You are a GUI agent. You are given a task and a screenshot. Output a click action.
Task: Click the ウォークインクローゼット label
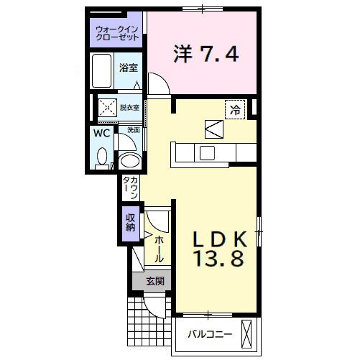click(117, 33)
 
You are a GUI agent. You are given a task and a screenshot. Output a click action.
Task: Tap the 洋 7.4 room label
click(206, 54)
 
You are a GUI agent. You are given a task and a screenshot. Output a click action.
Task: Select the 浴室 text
click(129, 68)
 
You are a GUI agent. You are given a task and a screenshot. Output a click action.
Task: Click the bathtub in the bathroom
click(102, 71)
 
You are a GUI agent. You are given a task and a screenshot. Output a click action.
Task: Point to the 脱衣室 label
click(129, 108)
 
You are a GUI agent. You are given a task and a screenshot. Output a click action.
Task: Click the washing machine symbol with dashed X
click(108, 108)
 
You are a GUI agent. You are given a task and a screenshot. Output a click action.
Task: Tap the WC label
click(102, 133)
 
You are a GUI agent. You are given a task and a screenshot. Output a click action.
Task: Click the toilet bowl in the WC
click(102, 157)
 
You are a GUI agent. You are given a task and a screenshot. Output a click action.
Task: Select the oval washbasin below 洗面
click(130, 160)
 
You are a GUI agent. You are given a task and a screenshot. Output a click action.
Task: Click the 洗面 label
click(134, 130)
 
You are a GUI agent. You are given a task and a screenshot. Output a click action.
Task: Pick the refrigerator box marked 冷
click(235, 109)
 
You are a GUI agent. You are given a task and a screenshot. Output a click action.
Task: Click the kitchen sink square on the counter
click(207, 153)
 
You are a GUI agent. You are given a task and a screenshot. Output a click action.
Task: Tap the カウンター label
click(131, 188)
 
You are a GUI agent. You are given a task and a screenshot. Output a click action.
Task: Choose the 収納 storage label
click(131, 222)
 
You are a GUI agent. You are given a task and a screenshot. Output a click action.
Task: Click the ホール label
click(158, 249)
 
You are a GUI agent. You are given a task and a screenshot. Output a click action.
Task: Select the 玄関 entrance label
click(155, 281)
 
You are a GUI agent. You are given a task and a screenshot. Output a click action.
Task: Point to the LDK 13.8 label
click(220, 249)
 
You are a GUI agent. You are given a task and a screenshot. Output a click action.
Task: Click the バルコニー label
click(210, 334)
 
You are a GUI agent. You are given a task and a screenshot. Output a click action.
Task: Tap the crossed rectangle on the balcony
click(246, 335)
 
